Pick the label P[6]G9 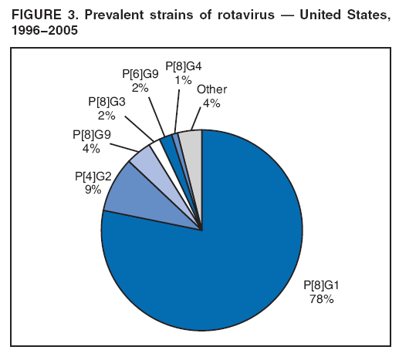pyautogui.click(x=141, y=75)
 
